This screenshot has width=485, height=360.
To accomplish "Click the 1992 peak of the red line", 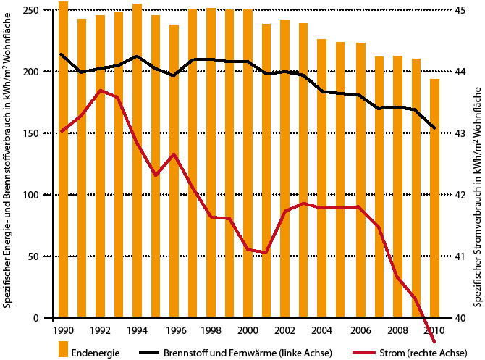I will click(x=100, y=91).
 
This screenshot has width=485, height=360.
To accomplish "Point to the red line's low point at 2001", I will click(x=266, y=252).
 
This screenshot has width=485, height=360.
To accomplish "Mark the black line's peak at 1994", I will click(x=137, y=56).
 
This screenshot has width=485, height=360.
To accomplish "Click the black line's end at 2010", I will click(x=434, y=128).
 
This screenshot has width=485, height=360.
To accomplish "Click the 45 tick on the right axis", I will click(x=460, y=11).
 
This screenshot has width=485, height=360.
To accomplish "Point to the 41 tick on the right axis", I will click(x=460, y=256).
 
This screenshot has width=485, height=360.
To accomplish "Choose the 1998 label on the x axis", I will click(x=211, y=330).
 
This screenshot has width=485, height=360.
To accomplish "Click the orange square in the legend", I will click(x=64, y=352).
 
